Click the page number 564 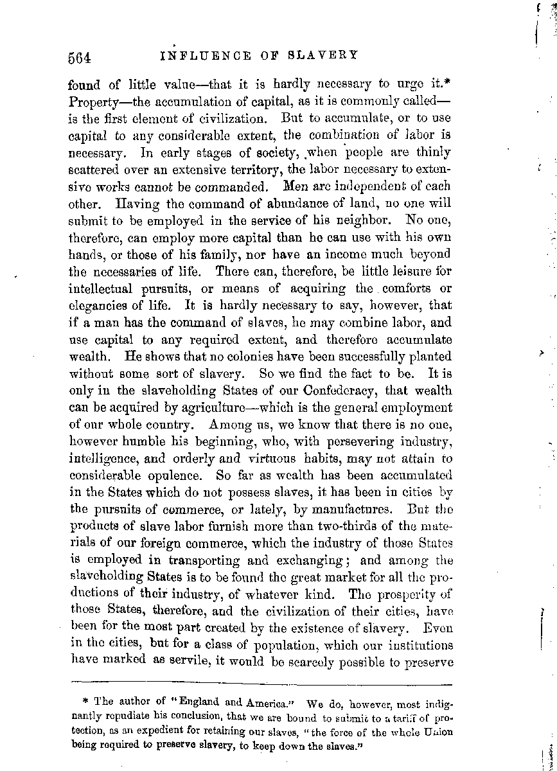82,56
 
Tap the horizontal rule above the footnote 261,683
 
